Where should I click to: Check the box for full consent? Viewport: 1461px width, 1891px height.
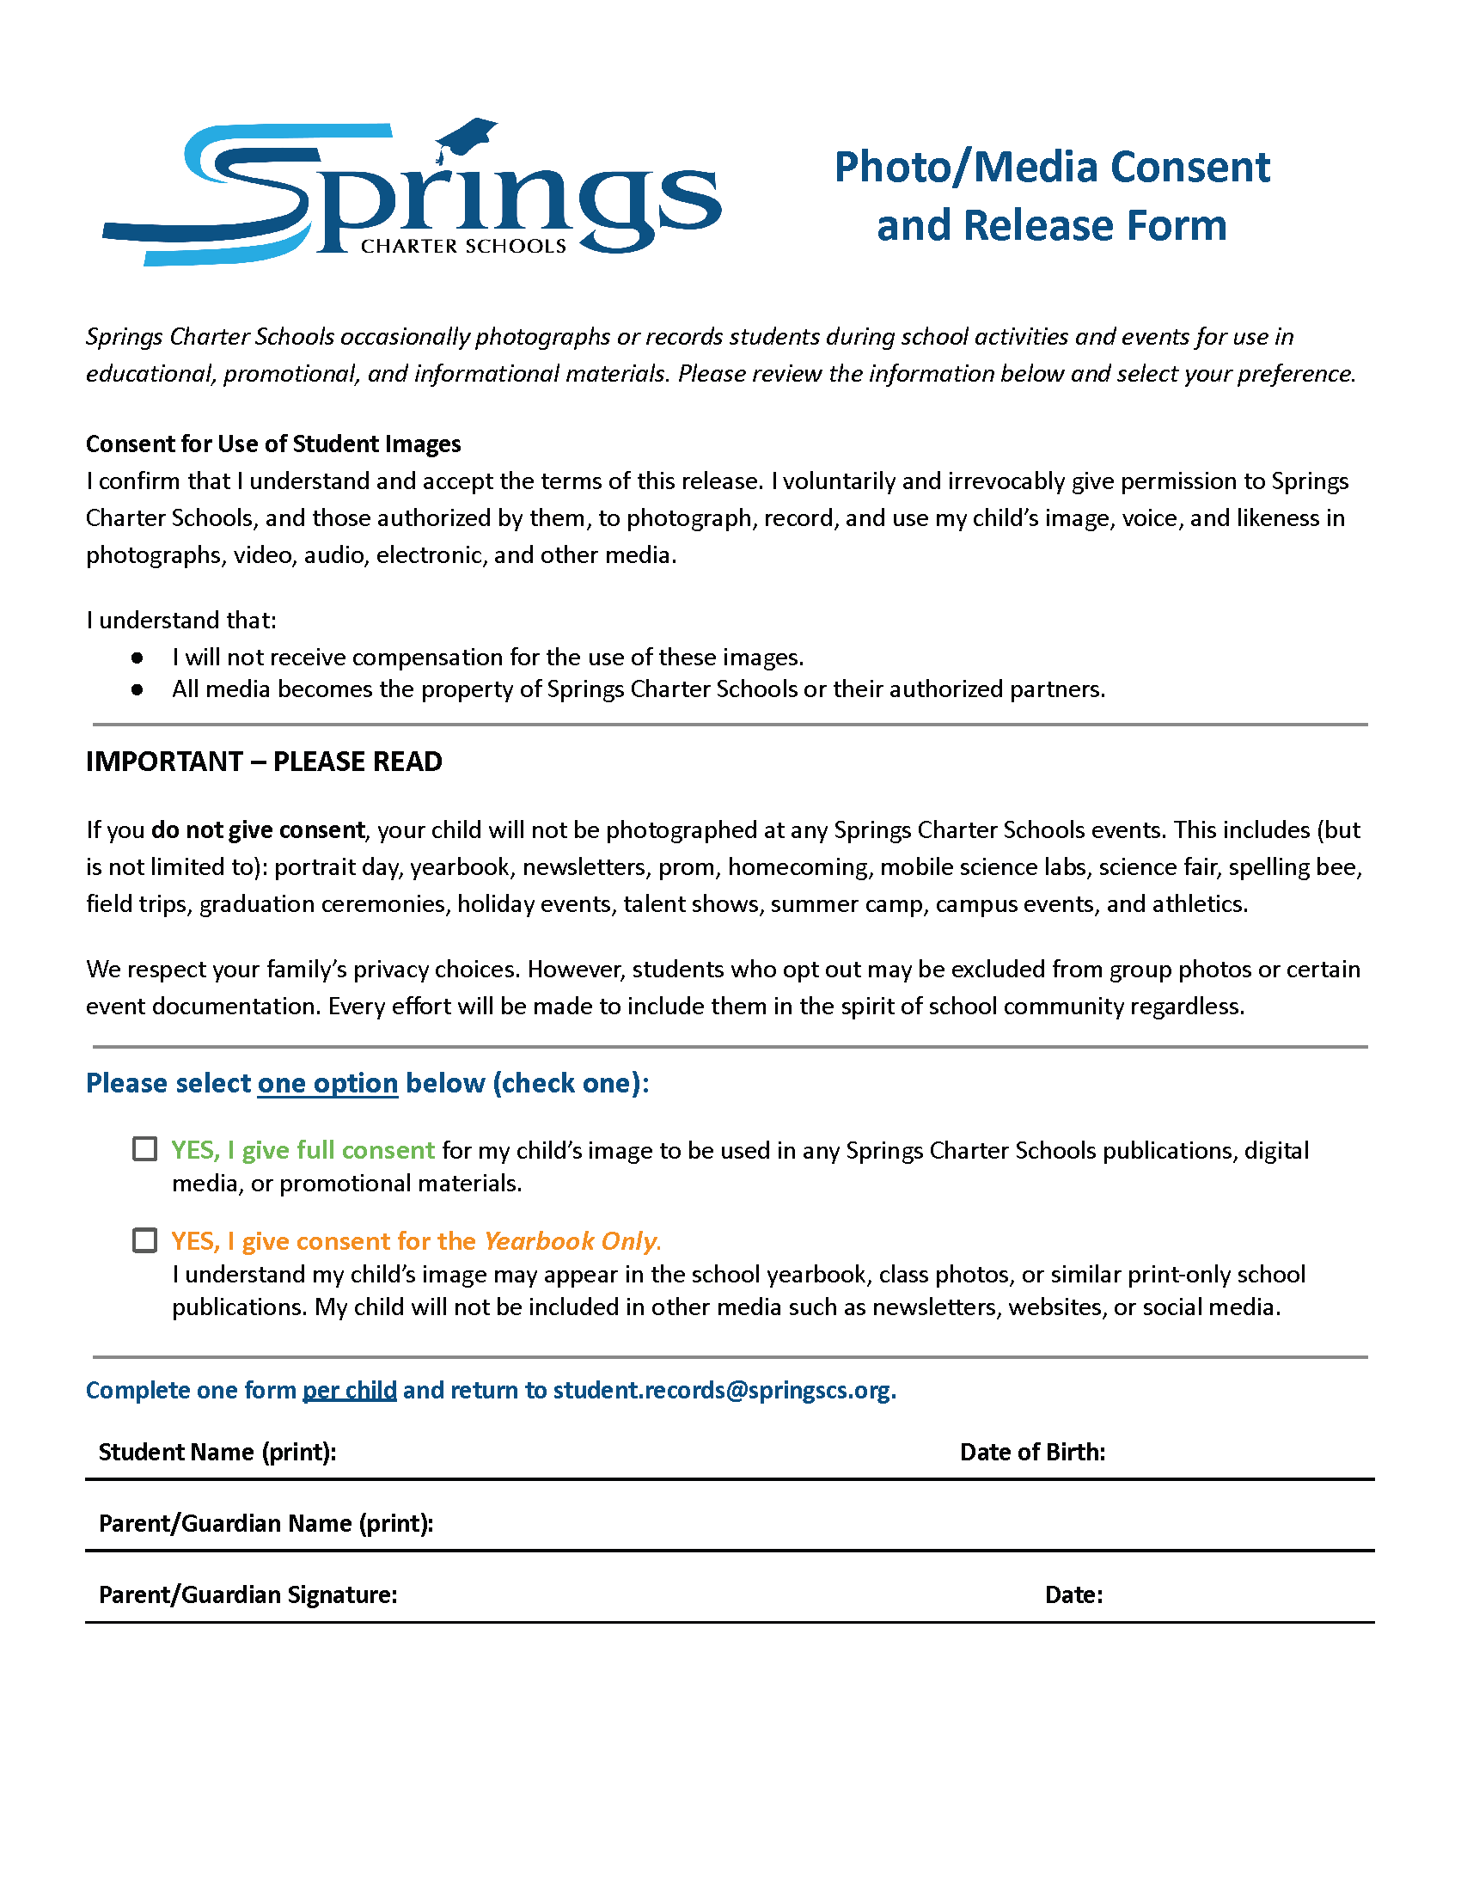click(x=144, y=1149)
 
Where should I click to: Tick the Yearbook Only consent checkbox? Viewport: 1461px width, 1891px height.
click(x=144, y=1239)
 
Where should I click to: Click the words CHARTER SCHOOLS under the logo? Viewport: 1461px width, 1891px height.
click(x=463, y=246)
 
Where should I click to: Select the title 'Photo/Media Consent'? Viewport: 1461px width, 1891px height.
click(x=1051, y=167)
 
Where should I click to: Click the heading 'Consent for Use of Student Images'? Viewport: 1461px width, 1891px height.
click(x=272, y=444)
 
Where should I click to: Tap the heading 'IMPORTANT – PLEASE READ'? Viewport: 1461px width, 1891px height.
click(x=264, y=761)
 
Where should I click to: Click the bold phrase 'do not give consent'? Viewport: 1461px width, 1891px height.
click(x=258, y=829)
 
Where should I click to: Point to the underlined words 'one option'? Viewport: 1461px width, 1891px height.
click(x=327, y=1083)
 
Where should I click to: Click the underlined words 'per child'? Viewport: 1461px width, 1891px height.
click(x=349, y=1390)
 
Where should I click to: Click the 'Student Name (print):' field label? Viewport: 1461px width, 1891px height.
click(x=217, y=1452)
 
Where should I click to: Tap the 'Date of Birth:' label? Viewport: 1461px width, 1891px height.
click(x=1031, y=1452)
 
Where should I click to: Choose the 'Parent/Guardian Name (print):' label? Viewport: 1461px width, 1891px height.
click(x=266, y=1523)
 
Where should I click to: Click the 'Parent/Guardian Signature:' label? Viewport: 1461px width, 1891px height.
click(x=248, y=1594)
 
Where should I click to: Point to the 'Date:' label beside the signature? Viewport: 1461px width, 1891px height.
click(x=1073, y=1594)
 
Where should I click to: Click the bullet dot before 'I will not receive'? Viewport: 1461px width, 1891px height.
click(x=137, y=658)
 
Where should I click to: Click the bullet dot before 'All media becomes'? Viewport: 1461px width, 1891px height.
click(x=137, y=689)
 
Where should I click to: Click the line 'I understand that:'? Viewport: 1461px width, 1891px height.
click(x=180, y=620)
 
